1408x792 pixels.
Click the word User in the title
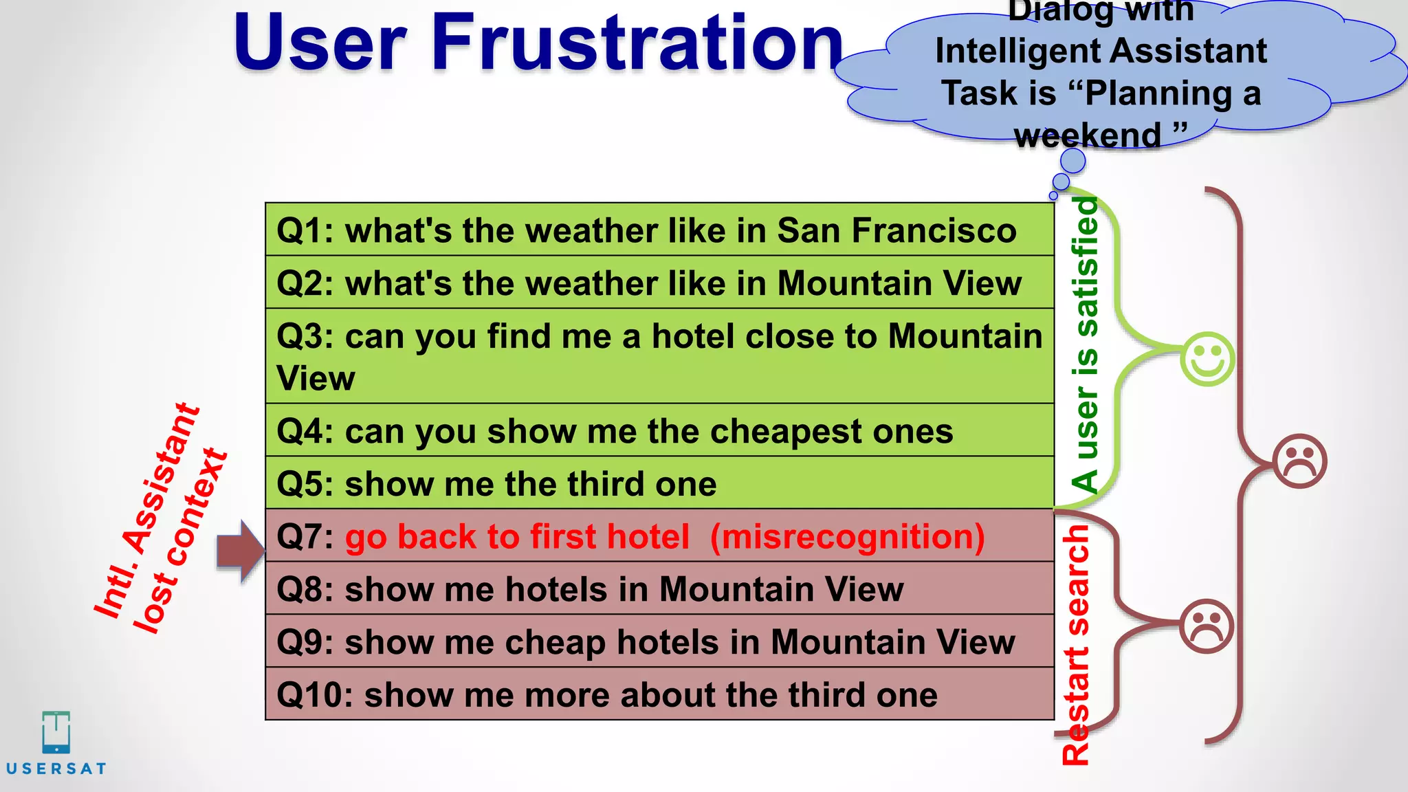(320, 43)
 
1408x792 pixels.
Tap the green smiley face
(1207, 360)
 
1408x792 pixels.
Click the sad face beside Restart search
(1206, 626)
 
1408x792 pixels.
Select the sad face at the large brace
(1299, 461)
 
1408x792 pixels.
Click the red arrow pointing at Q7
(240, 551)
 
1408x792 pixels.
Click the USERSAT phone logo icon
(56, 733)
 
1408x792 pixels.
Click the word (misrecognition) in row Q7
(847, 537)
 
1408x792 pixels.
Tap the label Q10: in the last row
(314, 695)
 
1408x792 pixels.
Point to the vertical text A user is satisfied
(1086, 344)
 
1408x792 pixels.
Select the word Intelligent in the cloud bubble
(1017, 52)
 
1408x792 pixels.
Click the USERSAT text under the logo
(56, 769)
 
